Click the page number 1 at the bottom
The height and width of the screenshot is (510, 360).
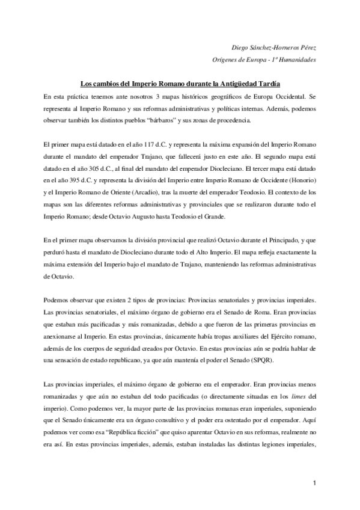314,483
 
